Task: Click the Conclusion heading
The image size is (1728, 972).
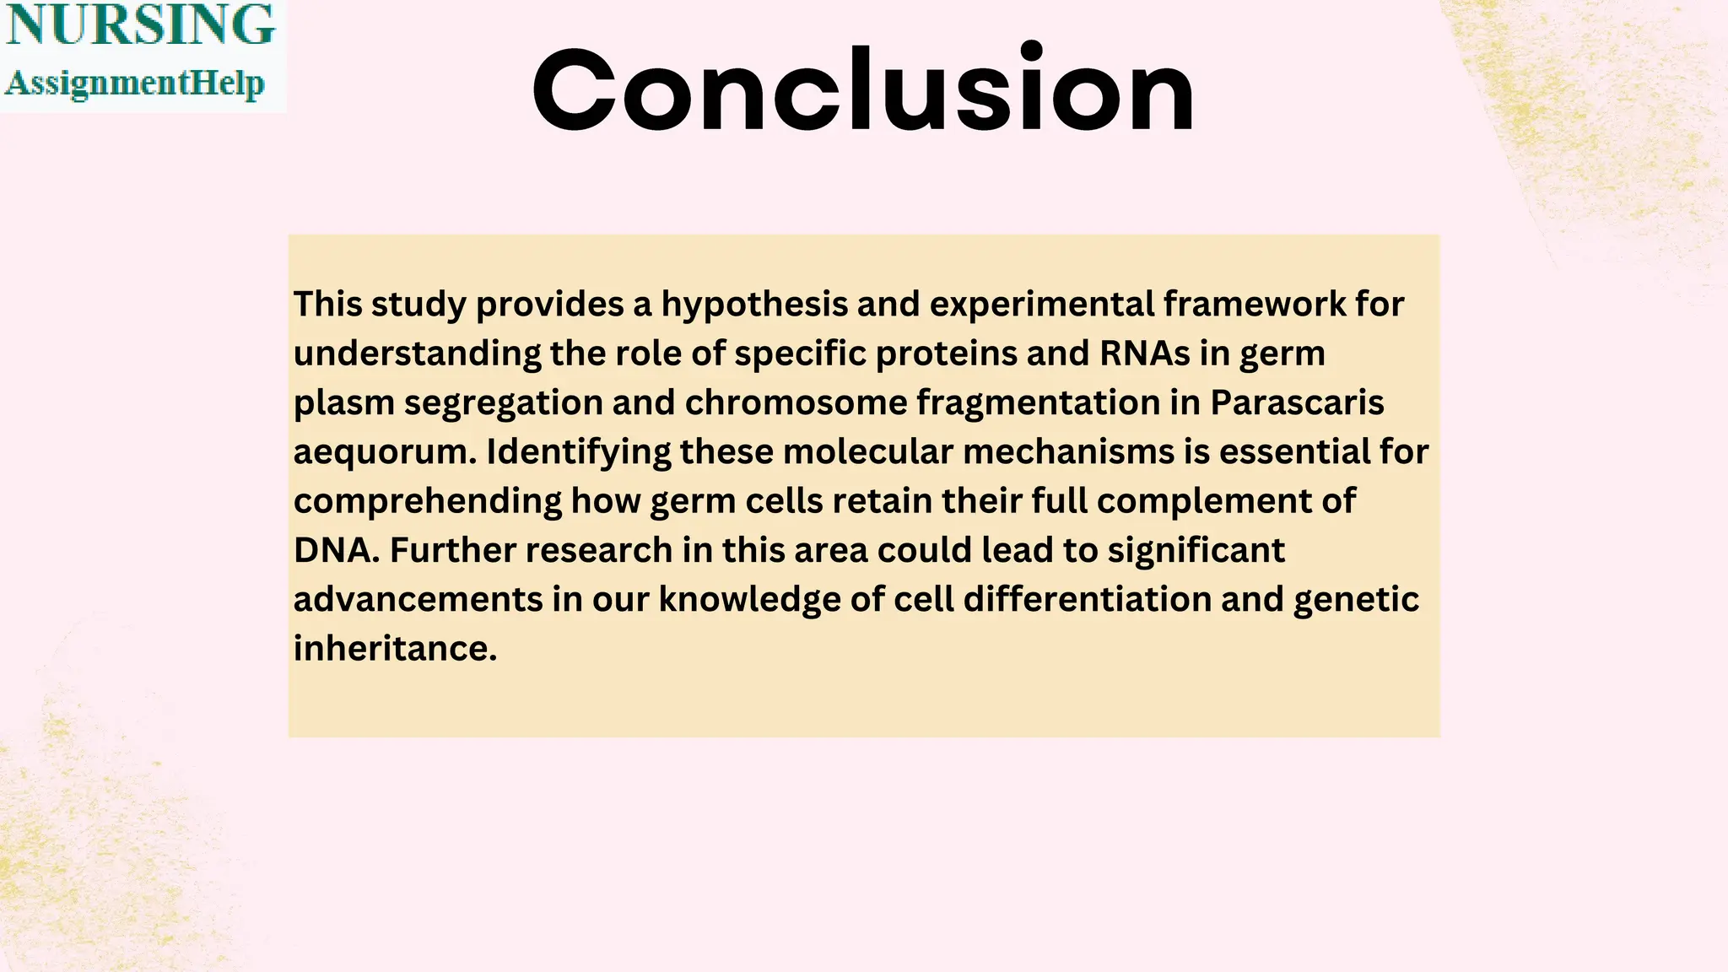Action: click(x=863, y=89)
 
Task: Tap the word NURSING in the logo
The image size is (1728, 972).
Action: click(x=140, y=25)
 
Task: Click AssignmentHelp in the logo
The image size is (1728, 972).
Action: click(x=135, y=84)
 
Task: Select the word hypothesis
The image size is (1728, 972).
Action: click(x=753, y=305)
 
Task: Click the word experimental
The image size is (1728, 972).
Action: click(x=1040, y=305)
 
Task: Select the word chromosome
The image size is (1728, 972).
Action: click(x=796, y=402)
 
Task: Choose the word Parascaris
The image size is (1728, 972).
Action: click(x=1297, y=402)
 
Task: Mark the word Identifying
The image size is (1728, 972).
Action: click(x=578, y=452)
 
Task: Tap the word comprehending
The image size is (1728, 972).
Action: click(x=427, y=502)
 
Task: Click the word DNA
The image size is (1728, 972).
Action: click(x=332, y=550)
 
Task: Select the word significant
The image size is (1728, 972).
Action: click(x=1196, y=551)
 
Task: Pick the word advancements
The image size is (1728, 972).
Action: click(x=418, y=600)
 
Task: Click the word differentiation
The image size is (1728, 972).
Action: click(x=1087, y=600)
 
